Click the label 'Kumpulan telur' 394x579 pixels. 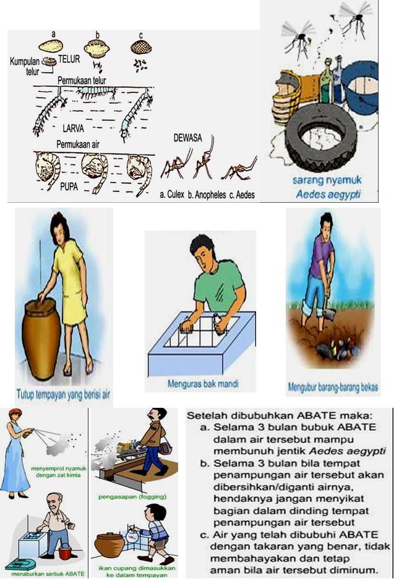pyautogui.click(x=27, y=66)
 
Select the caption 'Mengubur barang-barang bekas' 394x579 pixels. pyautogui.click(x=333, y=388)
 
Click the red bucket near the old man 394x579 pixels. pyautogui.click(x=65, y=553)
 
